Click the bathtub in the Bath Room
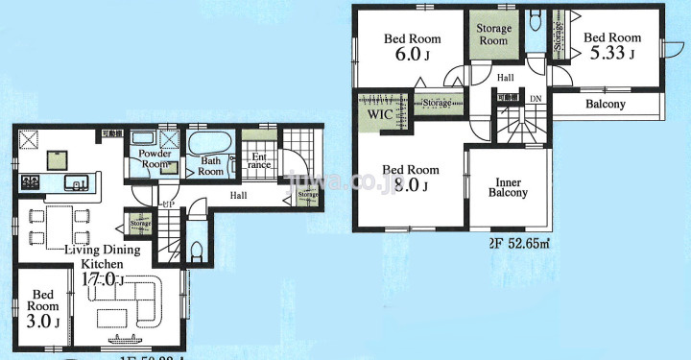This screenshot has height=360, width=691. (x=207, y=146)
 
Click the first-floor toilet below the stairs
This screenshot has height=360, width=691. (x=196, y=251)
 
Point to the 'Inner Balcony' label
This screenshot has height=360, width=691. (x=509, y=186)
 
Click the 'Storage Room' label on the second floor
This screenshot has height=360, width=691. (x=493, y=35)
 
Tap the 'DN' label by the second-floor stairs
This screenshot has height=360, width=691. (x=536, y=99)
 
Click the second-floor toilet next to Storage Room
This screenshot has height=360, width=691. (x=536, y=23)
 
